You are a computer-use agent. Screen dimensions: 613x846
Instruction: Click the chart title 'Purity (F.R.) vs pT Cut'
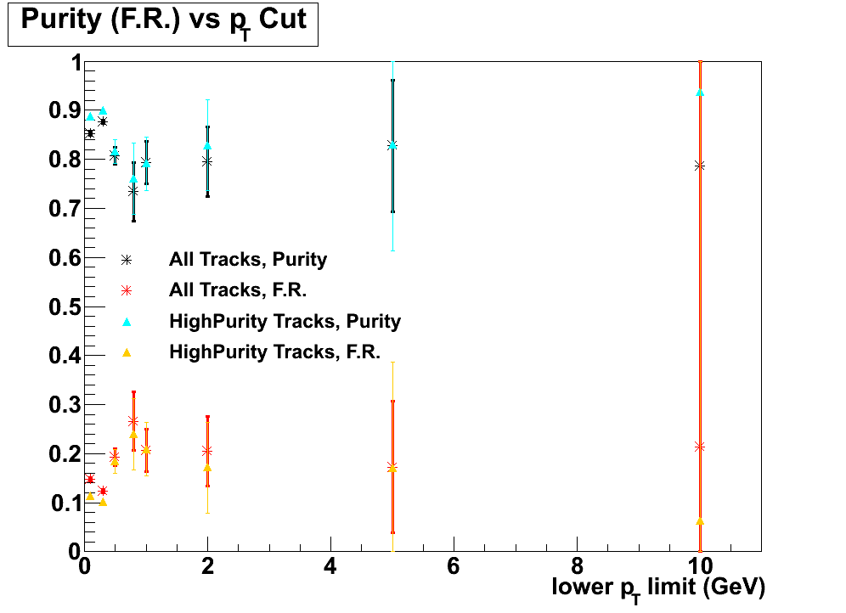click(x=163, y=21)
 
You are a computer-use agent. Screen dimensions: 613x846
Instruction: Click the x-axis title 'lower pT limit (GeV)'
click(x=658, y=587)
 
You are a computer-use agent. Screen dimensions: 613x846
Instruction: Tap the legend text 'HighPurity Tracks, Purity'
click(x=285, y=321)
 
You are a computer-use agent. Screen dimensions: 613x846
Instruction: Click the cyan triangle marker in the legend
click(x=127, y=321)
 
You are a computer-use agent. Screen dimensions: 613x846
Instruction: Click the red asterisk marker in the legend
click(x=127, y=290)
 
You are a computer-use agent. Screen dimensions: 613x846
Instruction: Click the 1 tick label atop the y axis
click(x=75, y=63)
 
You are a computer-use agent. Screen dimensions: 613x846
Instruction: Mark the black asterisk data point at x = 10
click(x=700, y=166)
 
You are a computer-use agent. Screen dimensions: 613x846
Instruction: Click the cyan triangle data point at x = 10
click(x=700, y=92)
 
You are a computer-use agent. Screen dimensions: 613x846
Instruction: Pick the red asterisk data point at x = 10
click(x=700, y=447)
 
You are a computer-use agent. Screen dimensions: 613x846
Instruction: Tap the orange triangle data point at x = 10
click(x=700, y=520)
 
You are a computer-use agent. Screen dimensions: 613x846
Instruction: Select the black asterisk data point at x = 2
click(x=207, y=160)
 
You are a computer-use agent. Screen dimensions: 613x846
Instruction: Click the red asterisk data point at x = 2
click(x=207, y=450)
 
